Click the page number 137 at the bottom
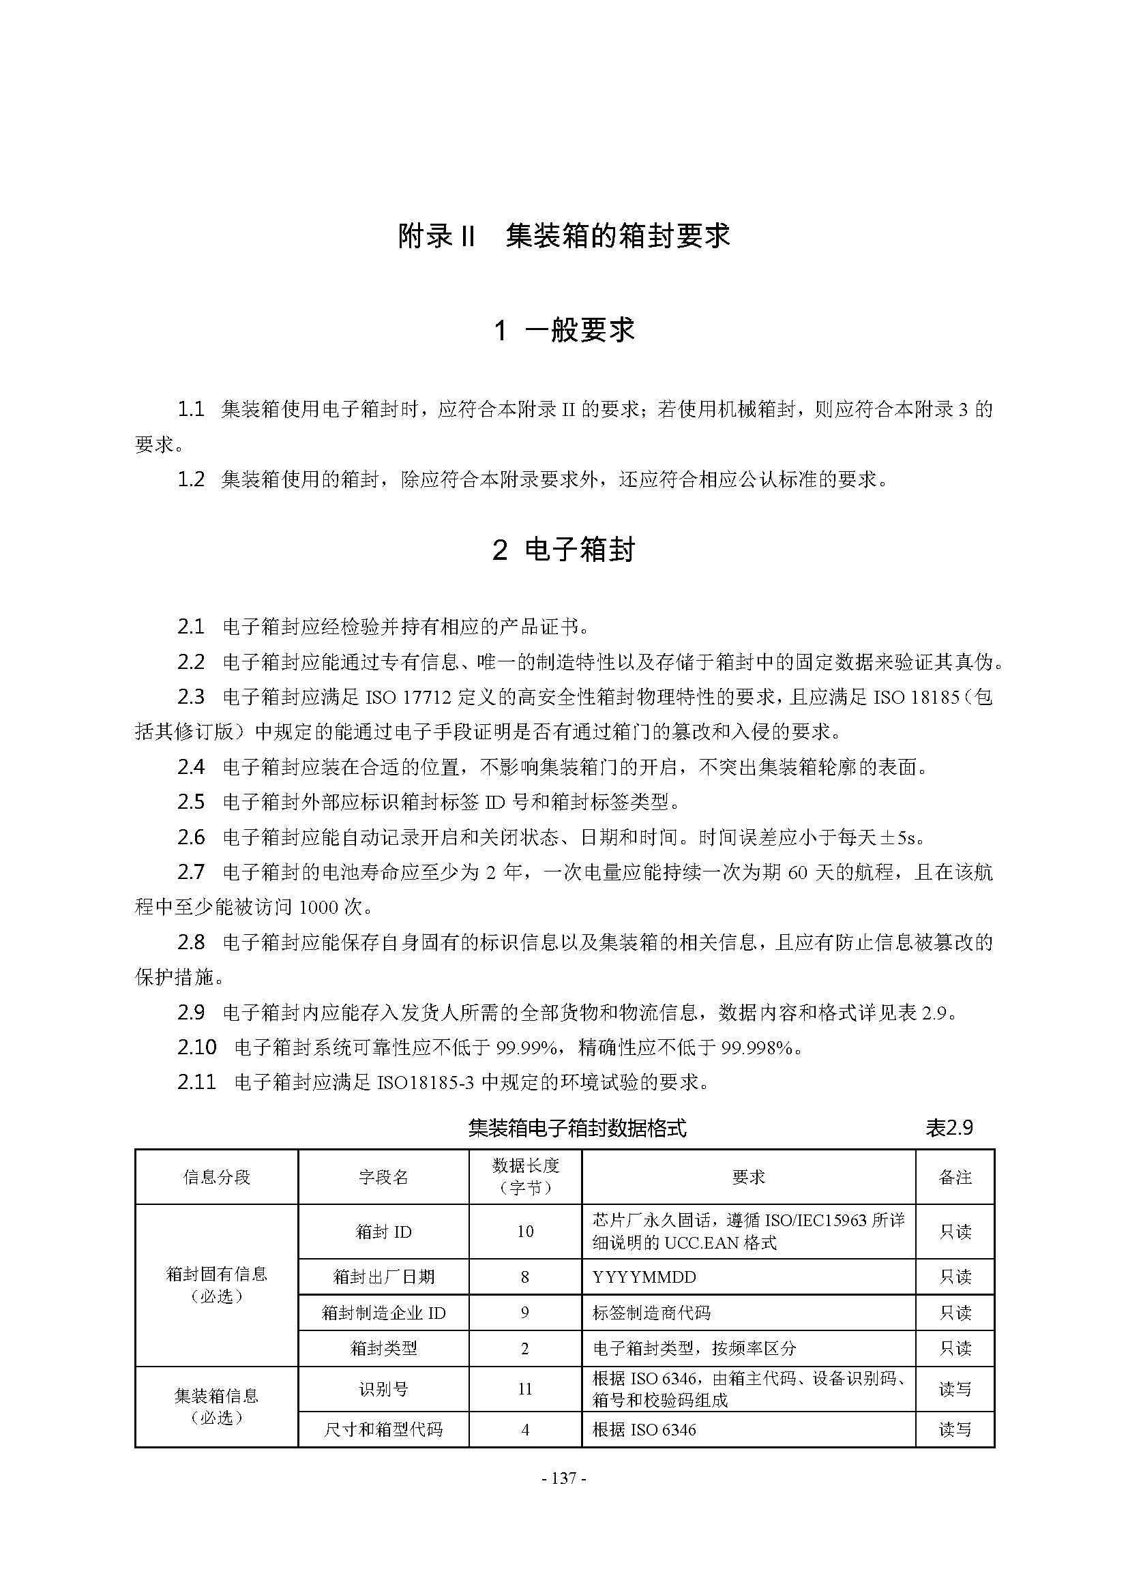tap(563, 1478)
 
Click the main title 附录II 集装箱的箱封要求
tap(563, 236)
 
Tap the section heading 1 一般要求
tap(563, 330)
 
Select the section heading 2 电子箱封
tap(563, 550)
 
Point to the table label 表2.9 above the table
tap(949, 1128)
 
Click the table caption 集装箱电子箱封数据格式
tap(577, 1128)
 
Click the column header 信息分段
tap(216, 1177)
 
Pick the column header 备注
tap(955, 1177)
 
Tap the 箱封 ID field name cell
tap(383, 1232)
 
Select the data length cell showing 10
tap(525, 1232)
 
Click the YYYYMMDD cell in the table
tap(644, 1277)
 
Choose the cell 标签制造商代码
tap(651, 1313)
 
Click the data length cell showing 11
tap(525, 1388)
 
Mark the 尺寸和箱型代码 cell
tap(383, 1430)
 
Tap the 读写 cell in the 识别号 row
tap(955, 1388)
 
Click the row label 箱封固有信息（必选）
tap(216, 1285)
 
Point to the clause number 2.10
tap(196, 1047)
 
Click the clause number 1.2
tap(191, 479)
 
